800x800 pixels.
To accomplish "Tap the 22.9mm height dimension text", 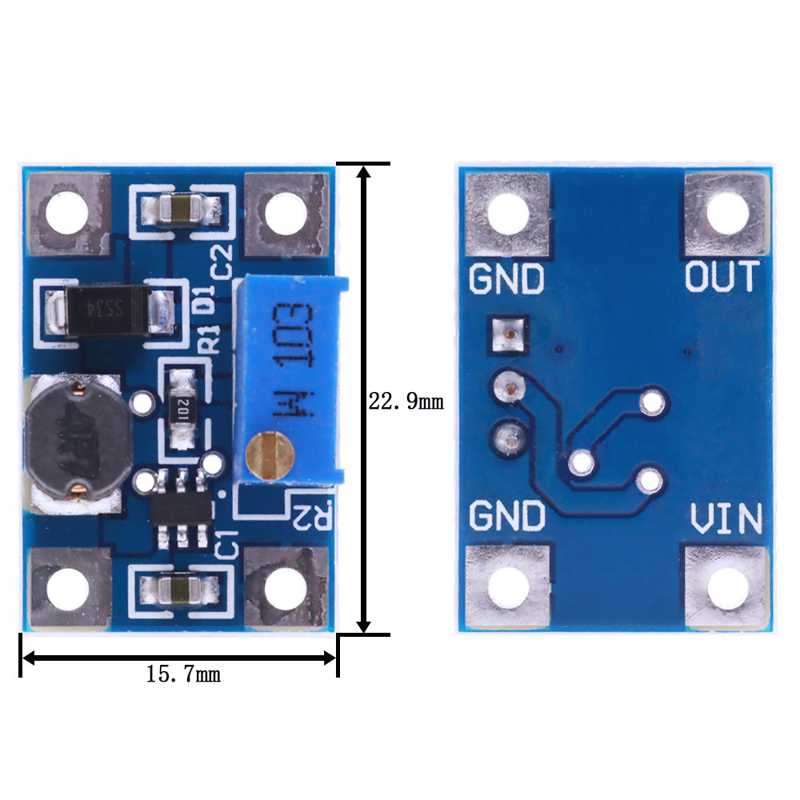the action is click(405, 401).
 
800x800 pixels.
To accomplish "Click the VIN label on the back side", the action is click(726, 519).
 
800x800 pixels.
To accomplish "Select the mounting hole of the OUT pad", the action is click(728, 214).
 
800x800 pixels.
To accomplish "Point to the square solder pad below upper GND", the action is click(506, 334).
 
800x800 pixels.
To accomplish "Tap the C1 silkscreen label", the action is click(228, 543).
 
